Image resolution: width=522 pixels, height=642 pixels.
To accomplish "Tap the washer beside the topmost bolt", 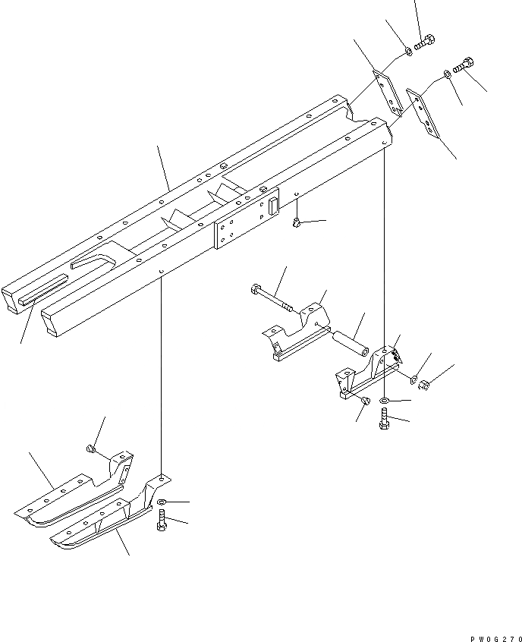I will pyautogui.click(x=407, y=52).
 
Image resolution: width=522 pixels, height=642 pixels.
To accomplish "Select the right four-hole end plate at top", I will pyautogui.click(x=422, y=113).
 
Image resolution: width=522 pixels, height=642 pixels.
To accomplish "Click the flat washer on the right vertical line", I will pyautogui.click(x=385, y=400).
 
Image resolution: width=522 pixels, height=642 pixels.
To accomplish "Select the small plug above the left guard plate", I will pyautogui.click(x=91, y=449).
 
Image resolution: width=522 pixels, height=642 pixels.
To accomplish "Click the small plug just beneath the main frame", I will pyautogui.click(x=297, y=222).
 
